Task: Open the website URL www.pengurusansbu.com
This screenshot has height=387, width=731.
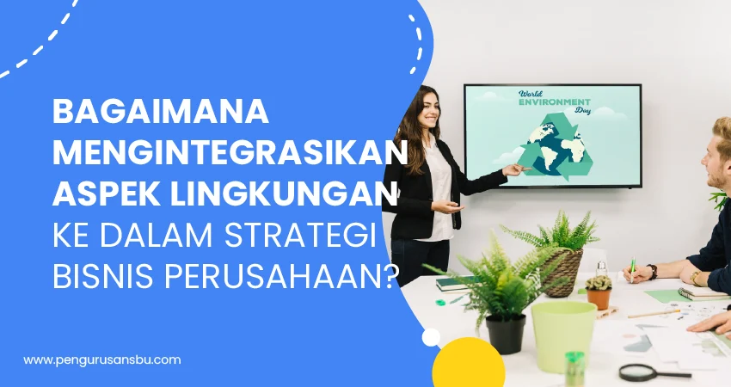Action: pos(102,359)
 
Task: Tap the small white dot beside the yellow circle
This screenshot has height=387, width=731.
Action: pos(431,337)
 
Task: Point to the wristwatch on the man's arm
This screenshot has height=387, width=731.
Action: pos(696,277)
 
